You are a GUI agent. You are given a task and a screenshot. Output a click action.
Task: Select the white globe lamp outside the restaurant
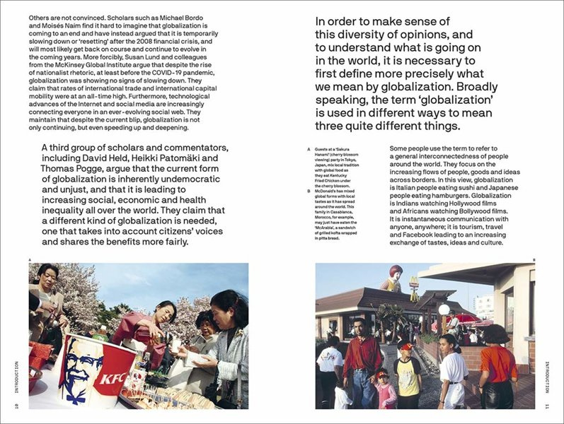tap(444, 310)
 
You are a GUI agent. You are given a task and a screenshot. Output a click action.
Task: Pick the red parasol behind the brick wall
tap(467, 318)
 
